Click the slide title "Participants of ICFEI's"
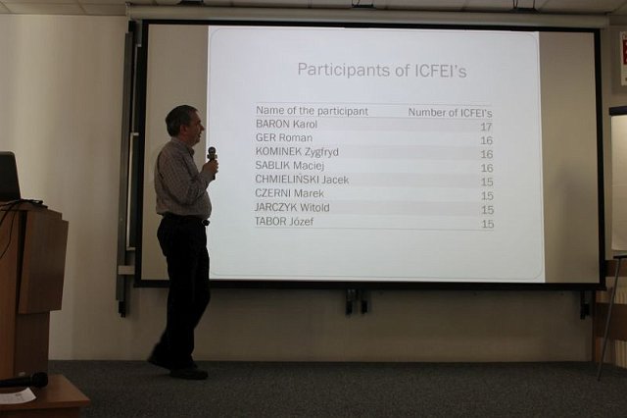382,70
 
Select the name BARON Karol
286,124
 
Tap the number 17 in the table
486,127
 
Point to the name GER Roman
284,137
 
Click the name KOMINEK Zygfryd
297,152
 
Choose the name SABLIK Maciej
290,166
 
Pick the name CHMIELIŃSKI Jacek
302,180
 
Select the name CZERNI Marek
289,193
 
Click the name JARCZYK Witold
292,207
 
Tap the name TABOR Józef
284,221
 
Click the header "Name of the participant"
312,111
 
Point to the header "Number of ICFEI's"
450,113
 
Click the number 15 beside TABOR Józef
488,224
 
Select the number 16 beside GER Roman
487,140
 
